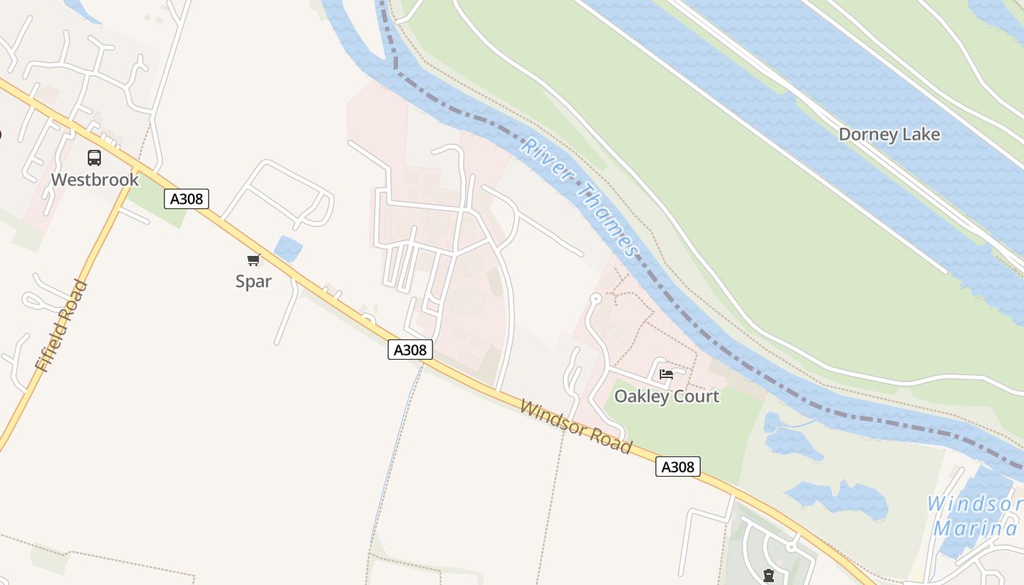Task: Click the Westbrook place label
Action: [x=94, y=179]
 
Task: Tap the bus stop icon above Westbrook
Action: [x=94, y=157]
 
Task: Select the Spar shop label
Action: [x=254, y=282]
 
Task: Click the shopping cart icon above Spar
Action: [x=254, y=260]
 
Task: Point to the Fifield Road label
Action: [x=61, y=326]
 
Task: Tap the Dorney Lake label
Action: [x=889, y=135]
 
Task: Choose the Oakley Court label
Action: [x=666, y=396]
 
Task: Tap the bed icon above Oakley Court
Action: [x=666, y=374]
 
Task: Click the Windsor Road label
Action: [x=576, y=426]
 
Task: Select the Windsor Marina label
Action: [x=975, y=516]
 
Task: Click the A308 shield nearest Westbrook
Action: [x=187, y=199]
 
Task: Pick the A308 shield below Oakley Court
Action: [x=677, y=467]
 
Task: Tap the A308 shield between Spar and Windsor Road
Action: [x=410, y=350]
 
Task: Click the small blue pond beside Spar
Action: [x=288, y=249]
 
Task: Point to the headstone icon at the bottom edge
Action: [x=769, y=576]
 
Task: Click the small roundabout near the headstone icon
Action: [x=791, y=546]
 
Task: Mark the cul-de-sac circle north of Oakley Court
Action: [x=595, y=298]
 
